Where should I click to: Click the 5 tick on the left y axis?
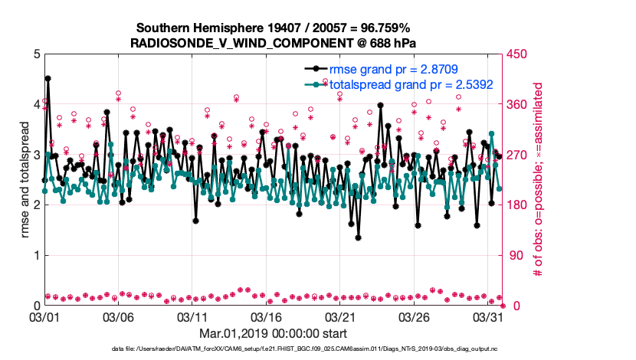34,54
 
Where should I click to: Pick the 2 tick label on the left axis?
34,205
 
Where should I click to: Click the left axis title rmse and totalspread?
25,180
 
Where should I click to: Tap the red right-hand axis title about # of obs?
537,180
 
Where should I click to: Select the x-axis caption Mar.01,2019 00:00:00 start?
273,333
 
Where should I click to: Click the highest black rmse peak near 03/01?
48,78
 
